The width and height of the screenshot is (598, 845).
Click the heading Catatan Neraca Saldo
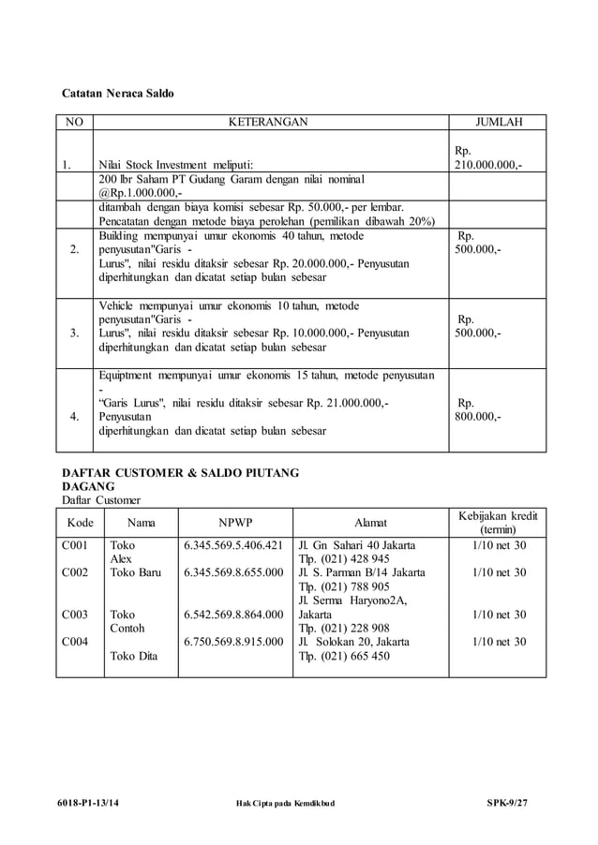[x=117, y=94]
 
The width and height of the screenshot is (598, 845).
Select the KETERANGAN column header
[x=268, y=122]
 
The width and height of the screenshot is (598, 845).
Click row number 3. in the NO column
[x=73, y=333]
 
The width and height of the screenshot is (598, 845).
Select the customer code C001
[x=75, y=544]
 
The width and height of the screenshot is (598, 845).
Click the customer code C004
[x=75, y=643]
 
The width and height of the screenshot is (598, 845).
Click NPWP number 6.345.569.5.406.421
[x=233, y=544]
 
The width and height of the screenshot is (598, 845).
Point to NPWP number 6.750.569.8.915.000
[x=233, y=643]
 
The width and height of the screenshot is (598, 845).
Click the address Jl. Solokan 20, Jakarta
[x=353, y=643]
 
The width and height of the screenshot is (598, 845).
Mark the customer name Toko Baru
[x=136, y=572]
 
